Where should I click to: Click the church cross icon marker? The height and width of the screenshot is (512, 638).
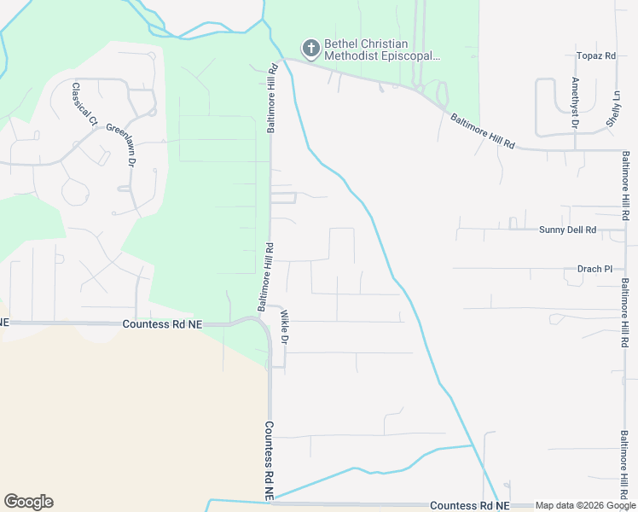(311, 46)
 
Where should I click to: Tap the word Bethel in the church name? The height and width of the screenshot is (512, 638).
(342, 44)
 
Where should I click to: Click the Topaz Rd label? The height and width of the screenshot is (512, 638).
(596, 56)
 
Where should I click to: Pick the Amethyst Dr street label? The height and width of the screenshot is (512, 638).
(575, 104)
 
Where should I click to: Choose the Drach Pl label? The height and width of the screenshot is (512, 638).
(594, 269)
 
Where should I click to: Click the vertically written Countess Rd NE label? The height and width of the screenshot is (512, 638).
(268, 461)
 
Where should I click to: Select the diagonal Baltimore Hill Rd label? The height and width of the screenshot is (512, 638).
(483, 132)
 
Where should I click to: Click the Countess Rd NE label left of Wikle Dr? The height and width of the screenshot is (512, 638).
(162, 324)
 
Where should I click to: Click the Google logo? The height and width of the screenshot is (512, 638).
(28, 502)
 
